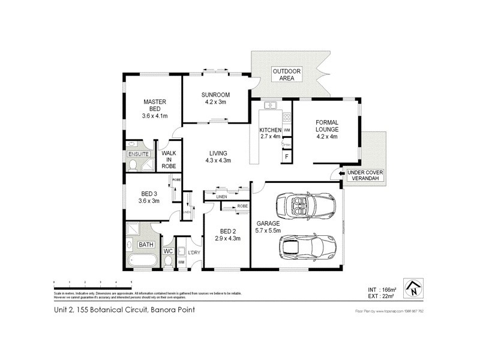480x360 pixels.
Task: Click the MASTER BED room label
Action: [154, 109]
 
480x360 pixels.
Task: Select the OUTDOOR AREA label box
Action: [287, 75]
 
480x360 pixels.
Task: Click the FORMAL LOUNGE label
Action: [327, 129]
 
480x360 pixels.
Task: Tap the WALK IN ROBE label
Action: [168, 159]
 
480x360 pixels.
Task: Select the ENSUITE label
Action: [139, 154]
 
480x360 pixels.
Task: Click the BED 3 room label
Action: [149, 197]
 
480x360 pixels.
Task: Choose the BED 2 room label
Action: [227, 235]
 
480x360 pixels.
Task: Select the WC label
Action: [169, 251]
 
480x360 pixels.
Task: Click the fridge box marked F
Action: [286, 157]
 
